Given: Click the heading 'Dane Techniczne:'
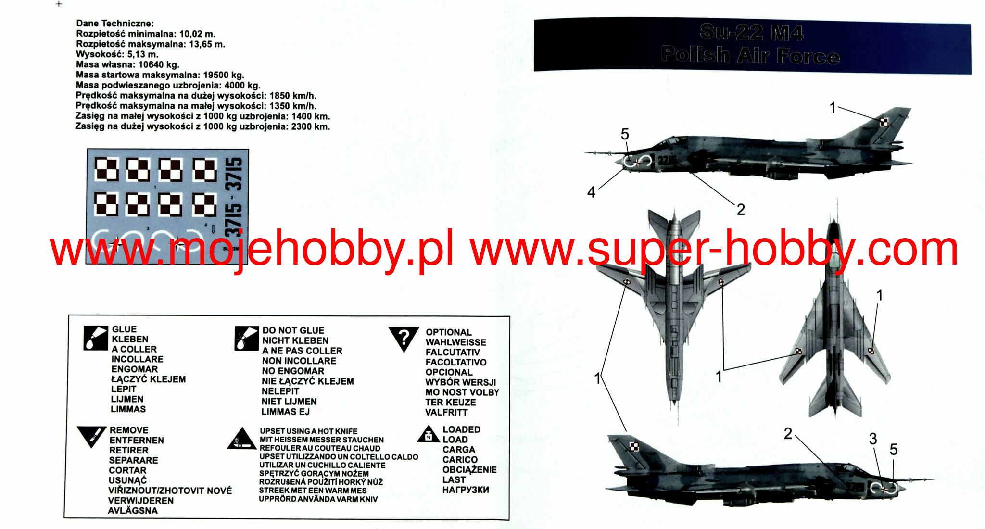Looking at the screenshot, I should pos(115,23).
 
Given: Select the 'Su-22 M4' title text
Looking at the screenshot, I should pos(751,33).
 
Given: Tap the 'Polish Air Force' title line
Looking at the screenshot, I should pos(750,55).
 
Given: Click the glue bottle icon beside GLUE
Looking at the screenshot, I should pos(95,338).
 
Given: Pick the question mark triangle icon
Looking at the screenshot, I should pos(404,338).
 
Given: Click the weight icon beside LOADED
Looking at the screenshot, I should pos(429,434).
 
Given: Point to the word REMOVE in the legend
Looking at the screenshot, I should pos(129,430).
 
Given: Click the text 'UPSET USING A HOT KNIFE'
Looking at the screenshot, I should pos(308,431).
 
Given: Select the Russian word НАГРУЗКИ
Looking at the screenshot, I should pos(466,490).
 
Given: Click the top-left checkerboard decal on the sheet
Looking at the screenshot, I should pos(106,169).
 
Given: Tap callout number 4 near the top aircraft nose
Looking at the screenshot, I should pos(591,192).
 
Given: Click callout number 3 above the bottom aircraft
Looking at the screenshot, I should pos(873,439).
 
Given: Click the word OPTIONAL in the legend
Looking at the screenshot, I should pos(448,332).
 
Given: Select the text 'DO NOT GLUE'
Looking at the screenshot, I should pos(293,330).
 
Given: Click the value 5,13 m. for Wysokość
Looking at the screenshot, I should pos(142,54).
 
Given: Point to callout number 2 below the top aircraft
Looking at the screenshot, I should pos(741,210).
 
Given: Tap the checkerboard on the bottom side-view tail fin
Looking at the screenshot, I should pos(634,447).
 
